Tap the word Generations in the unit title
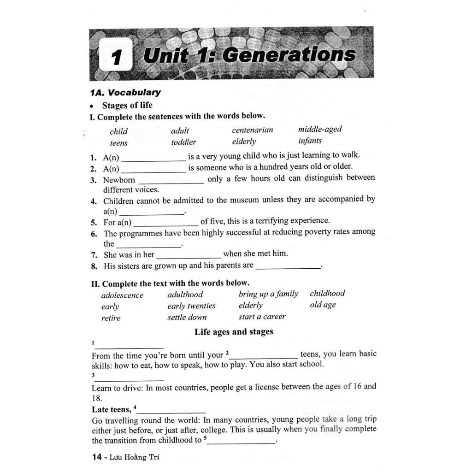[x=289, y=55]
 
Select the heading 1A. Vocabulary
[x=125, y=92]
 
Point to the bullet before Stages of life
[x=93, y=106]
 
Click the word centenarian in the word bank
[x=252, y=130]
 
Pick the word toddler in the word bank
[x=183, y=142]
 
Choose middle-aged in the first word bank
[x=319, y=129]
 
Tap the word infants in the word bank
[x=310, y=141]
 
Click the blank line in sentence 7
[x=189, y=256]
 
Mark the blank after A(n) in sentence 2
[x=153, y=171]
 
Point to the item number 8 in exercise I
[x=94, y=266]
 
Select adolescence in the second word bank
[x=122, y=295]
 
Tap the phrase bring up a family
[x=268, y=294]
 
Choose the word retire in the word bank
[x=111, y=318]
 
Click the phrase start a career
[x=262, y=317]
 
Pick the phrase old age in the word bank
[x=323, y=305]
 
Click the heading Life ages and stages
[x=234, y=331]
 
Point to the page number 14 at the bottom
[x=97, y=457]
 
